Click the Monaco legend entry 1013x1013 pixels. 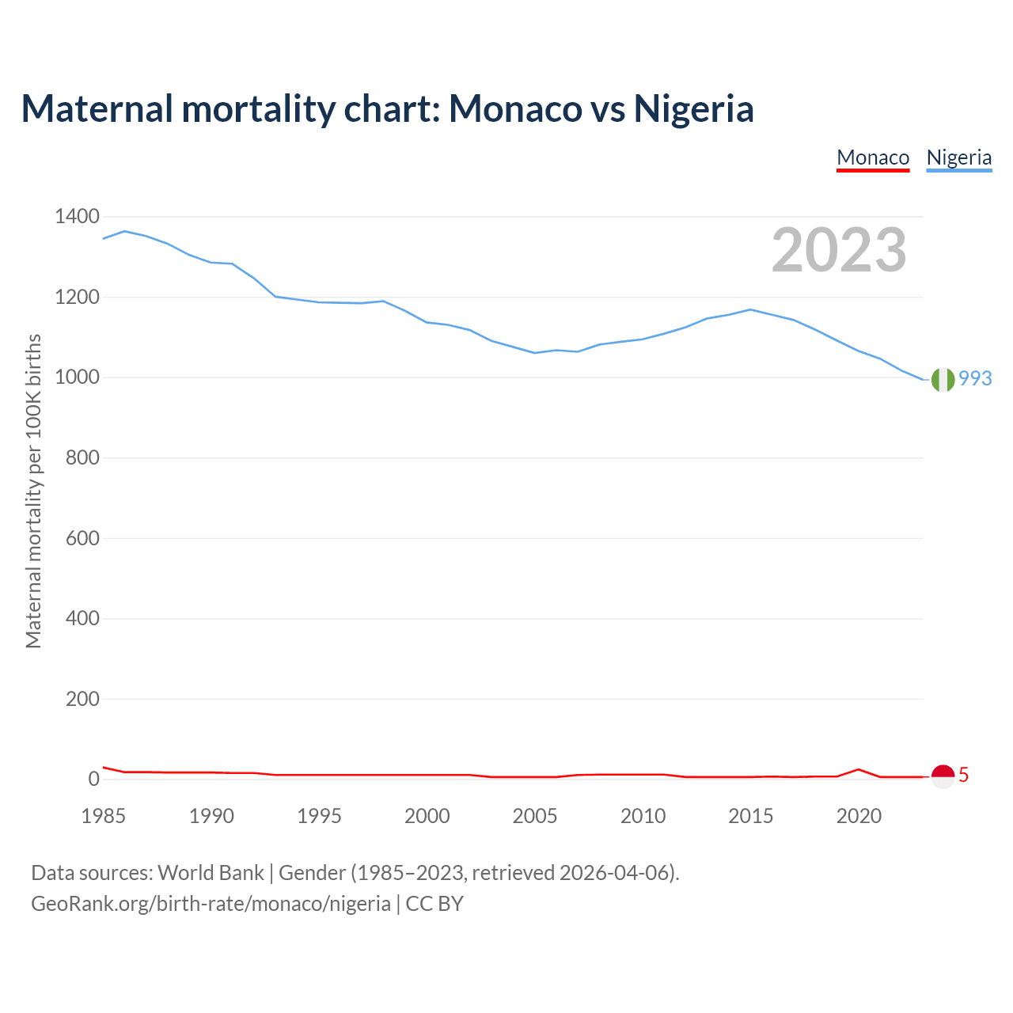pyautogui.click(x=873, y=157)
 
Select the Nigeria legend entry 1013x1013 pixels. pyautogui.click(x=959, y=157)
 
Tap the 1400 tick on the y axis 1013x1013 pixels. pyautogui.click(x=77, y=216)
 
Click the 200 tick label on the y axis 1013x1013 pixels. pyautogui.click(x=82, y=699)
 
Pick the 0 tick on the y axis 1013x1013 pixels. pyautogui.click(x=94, y=780)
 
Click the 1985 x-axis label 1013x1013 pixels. pyautogui.click(x=104, y=816)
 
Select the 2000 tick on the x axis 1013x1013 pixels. pyautogui.click(x=427, y=816)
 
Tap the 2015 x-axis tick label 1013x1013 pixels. pyautogui.click(x=751, y=816)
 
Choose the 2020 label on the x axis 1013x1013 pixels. pyautogui.click(x=859, y=816)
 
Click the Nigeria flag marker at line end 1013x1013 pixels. pyautogui.click(x=943, y=380)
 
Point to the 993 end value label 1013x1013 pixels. pyautogui.click(x=975, y=379)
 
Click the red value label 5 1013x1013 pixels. pyautogui.click(x=963, y=776)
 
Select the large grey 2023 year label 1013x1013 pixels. pyautogui.click(x=839, y=250)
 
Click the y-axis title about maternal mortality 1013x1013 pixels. pyautogui.click(x=33, y=491)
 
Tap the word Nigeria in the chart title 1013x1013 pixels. pyautogui.click(x=693, y=109)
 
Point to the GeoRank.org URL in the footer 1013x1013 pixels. pyautogui.click(x=211, y=904)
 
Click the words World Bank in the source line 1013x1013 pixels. pyautogui.click(x=211, y=873)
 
